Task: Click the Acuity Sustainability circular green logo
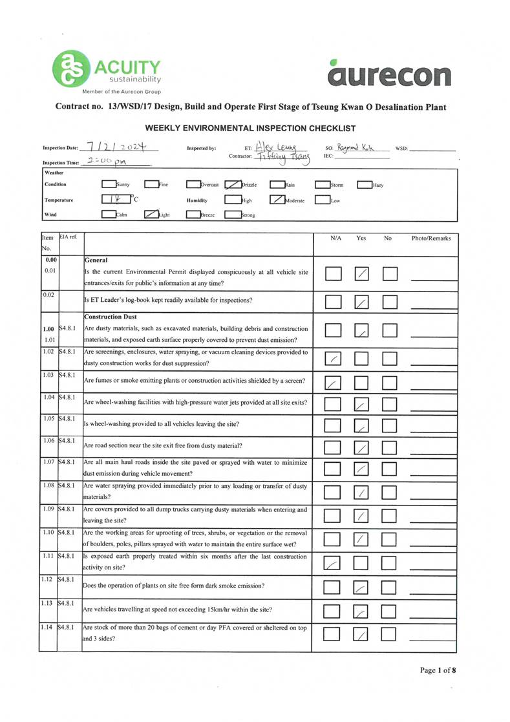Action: [x=72, y=69]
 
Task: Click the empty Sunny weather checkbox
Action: [x=108, y=184]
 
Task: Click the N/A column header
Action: [x=335, y=239]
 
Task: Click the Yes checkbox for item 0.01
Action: [x=363, y=274]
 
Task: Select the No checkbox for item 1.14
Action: [x=390, y=636]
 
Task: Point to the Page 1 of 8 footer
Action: [x=438, y=670]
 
